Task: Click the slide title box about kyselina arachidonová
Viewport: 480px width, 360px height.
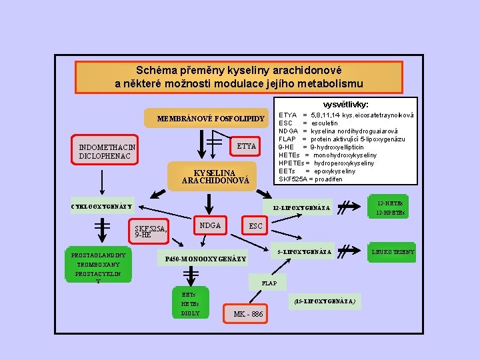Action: click(239, 77)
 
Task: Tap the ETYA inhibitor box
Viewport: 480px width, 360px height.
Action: click(246, 145)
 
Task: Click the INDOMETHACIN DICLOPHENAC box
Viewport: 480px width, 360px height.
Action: click(107, 151)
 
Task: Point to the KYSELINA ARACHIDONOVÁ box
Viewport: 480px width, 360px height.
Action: click(206, 175)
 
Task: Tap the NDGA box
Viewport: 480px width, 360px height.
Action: click(210, 226)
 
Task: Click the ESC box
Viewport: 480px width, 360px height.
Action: click(255, 227)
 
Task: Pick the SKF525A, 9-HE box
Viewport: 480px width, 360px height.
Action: click(151, 231)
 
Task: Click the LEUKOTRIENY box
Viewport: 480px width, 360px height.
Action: click(393, 251)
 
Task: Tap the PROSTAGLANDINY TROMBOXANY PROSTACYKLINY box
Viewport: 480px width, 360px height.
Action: click(101, 267)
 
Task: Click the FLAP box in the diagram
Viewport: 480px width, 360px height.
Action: click(269, 283)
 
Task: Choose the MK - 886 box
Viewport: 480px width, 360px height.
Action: click(248, 314)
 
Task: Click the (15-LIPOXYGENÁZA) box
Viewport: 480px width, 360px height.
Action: click(325, 301)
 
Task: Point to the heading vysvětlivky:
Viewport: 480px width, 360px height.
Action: click(346, 105)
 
